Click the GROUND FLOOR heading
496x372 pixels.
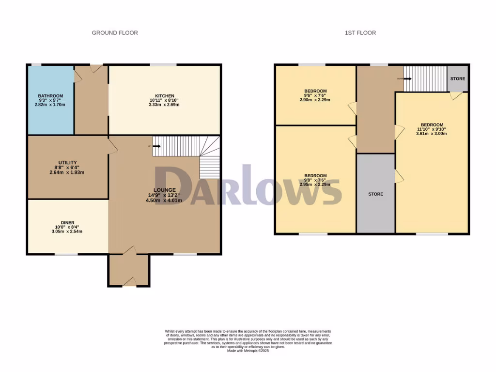pos(115,33)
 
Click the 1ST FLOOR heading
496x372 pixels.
pos(360,33)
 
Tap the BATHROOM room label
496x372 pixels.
pos(50,96)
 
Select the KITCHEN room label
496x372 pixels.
pos(165,96)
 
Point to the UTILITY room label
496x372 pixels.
pos(67,163)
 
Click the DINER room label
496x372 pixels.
pos(67,223)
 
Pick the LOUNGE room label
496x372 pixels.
pos(165,190)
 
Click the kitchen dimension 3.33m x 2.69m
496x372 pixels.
pos(165,105)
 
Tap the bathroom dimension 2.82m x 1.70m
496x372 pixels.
pos(50,105)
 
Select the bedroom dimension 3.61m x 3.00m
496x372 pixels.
pos(432,134)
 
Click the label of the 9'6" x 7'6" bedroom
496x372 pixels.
pos(315,91)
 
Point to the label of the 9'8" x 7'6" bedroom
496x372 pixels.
pos(315,176)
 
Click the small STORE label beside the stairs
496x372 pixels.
pos(458,78)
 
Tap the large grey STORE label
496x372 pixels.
pos(375,194)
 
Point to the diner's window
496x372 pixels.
pos(66,254)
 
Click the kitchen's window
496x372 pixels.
pos(163,64)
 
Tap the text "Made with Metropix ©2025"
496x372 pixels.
pos(248,351)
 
